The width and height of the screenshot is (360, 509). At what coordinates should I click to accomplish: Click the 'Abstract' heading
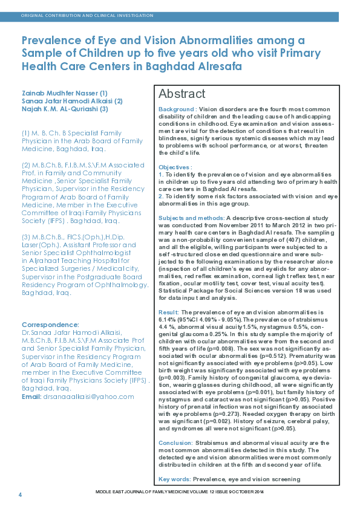click(182, 94)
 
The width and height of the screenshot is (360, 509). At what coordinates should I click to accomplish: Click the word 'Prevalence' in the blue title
click(53, 41)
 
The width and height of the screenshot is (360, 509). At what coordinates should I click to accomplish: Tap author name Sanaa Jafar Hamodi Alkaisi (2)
click(72, 100)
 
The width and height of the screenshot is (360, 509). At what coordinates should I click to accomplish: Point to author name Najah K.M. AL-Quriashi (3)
click(65, 109)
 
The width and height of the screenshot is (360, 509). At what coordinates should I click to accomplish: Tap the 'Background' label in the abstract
click(176, 109)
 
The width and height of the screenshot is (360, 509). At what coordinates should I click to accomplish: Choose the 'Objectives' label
click(175, 167)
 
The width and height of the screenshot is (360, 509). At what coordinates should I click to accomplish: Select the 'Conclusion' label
click(175, 444)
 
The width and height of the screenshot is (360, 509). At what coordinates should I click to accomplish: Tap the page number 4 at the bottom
click(20, 496)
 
